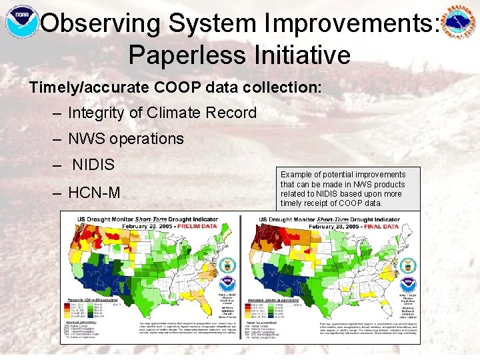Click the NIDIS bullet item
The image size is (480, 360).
(93, 165)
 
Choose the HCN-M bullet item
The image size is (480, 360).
(94, 193)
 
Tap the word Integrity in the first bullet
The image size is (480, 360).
(96, 113)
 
